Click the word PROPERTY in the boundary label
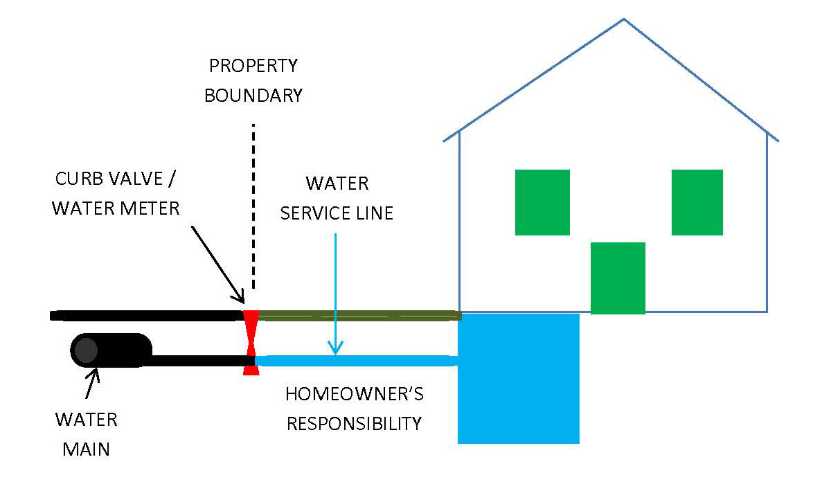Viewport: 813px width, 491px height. [253, 66]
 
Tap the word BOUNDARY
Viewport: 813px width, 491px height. [253, 95]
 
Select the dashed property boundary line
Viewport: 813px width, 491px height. [253, 208]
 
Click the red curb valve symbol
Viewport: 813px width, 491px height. [251, 342]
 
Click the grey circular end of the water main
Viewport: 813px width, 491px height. [86, 350]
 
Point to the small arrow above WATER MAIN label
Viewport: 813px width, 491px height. [92, 384]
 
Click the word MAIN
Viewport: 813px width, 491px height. [86, 449]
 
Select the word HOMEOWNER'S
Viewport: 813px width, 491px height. [355, 395]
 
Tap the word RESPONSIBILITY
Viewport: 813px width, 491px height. [355, 423]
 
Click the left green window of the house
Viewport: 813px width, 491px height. [542, 202]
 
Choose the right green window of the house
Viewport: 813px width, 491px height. [697, 202]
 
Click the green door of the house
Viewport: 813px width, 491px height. [618, 278]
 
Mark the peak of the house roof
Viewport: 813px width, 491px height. [624, 19]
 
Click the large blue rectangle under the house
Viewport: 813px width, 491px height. [518, 378]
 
